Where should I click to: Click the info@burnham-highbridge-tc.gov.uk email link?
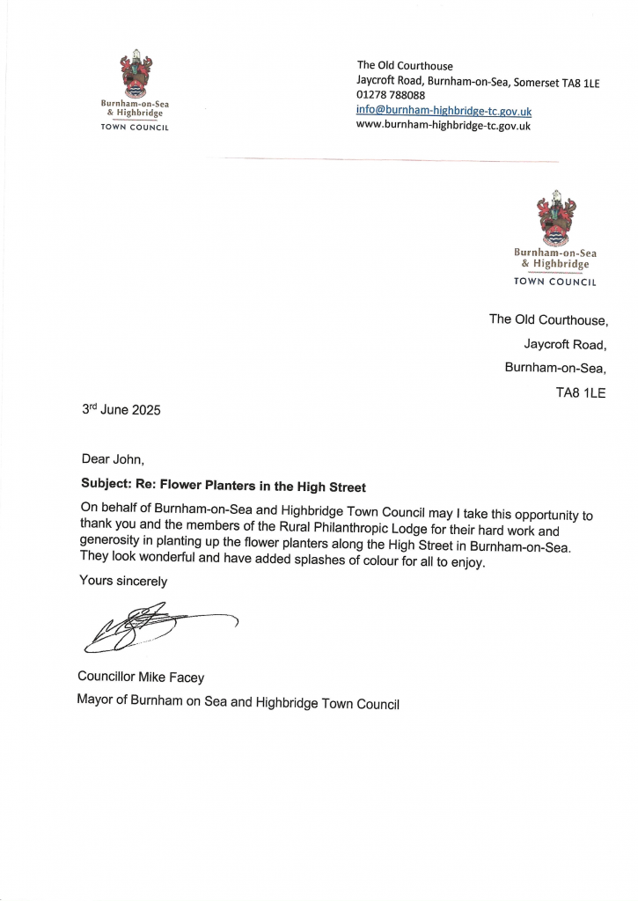click(x=444, y=111)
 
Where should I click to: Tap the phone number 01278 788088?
click(x=391, y=96)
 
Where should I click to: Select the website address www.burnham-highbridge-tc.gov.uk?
click(x=444, y=126)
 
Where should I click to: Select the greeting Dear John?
click(x=111, y=458)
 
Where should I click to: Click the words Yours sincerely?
click(x=123, y=581)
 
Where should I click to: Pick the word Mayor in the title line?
click(x=96, y=703)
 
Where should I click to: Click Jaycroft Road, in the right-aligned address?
click(x=571, y=343)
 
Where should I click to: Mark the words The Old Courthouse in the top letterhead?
click(x=405, y=65)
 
